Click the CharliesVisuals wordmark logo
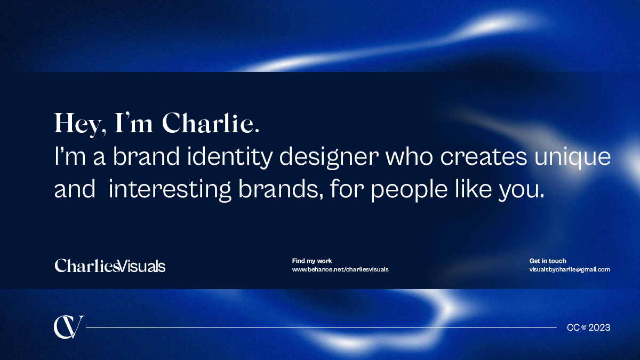click(110, 266)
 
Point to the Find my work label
click(312, 261)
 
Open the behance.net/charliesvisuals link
click(340, 269)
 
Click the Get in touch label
click(548, 261)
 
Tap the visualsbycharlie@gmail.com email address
click(569, 269)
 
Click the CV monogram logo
click(68, 327)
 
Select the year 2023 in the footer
click(599, 327)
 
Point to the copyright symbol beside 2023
click(583, 327)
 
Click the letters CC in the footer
click(573, 327)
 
